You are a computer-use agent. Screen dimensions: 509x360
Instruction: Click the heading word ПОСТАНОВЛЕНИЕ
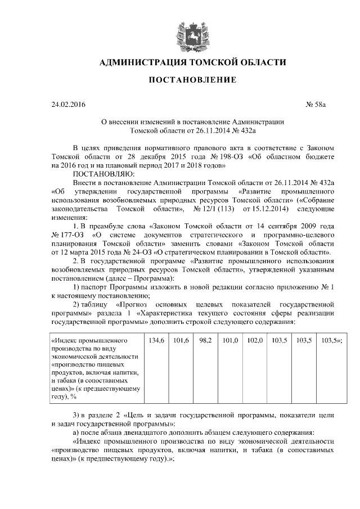tap(192, 80)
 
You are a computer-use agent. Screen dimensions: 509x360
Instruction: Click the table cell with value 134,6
tap(156, 341)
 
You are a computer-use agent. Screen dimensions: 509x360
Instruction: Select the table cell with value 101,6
tap(181, 341)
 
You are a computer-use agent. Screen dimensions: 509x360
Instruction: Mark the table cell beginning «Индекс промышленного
tap(96, 368)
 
